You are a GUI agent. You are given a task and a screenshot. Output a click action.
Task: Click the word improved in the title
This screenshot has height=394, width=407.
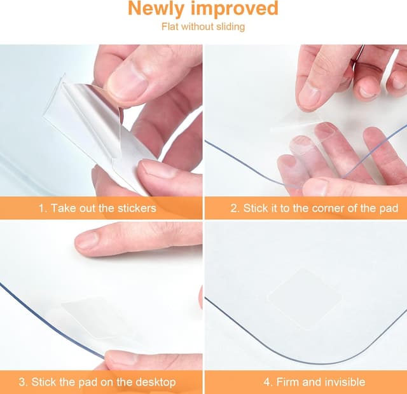pos(235,9)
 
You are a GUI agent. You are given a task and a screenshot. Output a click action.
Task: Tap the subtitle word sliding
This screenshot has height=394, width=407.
pos(230,27)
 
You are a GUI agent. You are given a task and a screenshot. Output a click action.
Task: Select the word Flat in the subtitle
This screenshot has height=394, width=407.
pos(170,27)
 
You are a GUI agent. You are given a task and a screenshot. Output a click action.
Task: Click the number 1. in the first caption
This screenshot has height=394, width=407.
pos(43,208)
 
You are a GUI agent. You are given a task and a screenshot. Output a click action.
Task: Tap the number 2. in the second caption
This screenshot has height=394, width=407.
pos(235,208)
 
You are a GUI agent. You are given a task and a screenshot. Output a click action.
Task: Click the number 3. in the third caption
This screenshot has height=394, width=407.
pos(24,382)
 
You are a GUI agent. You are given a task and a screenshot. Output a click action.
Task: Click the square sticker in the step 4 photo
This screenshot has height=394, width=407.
pos(304,299)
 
